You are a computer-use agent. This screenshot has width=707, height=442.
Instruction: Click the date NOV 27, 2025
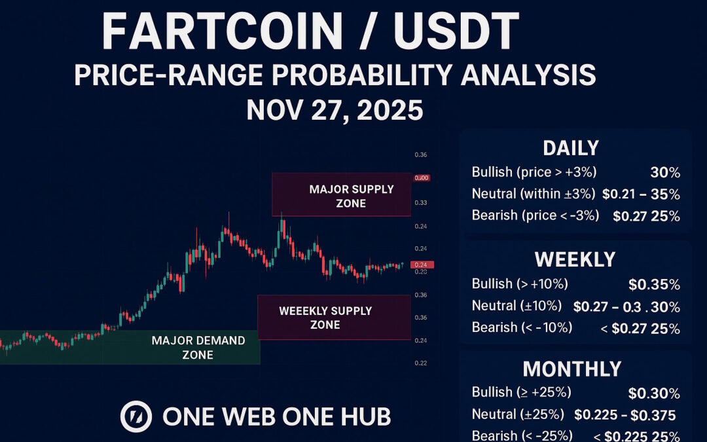pos(335,110)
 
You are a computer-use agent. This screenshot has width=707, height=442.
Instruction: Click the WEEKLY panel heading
pos(575,259)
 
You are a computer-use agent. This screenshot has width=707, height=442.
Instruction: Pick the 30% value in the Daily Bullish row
pos(666,174)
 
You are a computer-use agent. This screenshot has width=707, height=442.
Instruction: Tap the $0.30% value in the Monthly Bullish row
pos(653,394)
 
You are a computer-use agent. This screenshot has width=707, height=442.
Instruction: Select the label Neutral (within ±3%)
pos(533,194)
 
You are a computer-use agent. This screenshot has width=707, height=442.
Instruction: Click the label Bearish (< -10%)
pos(521,327)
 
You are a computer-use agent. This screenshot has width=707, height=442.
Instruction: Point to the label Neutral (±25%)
pos(518,414)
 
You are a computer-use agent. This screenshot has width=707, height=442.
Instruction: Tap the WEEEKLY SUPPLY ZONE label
pos(325,317)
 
